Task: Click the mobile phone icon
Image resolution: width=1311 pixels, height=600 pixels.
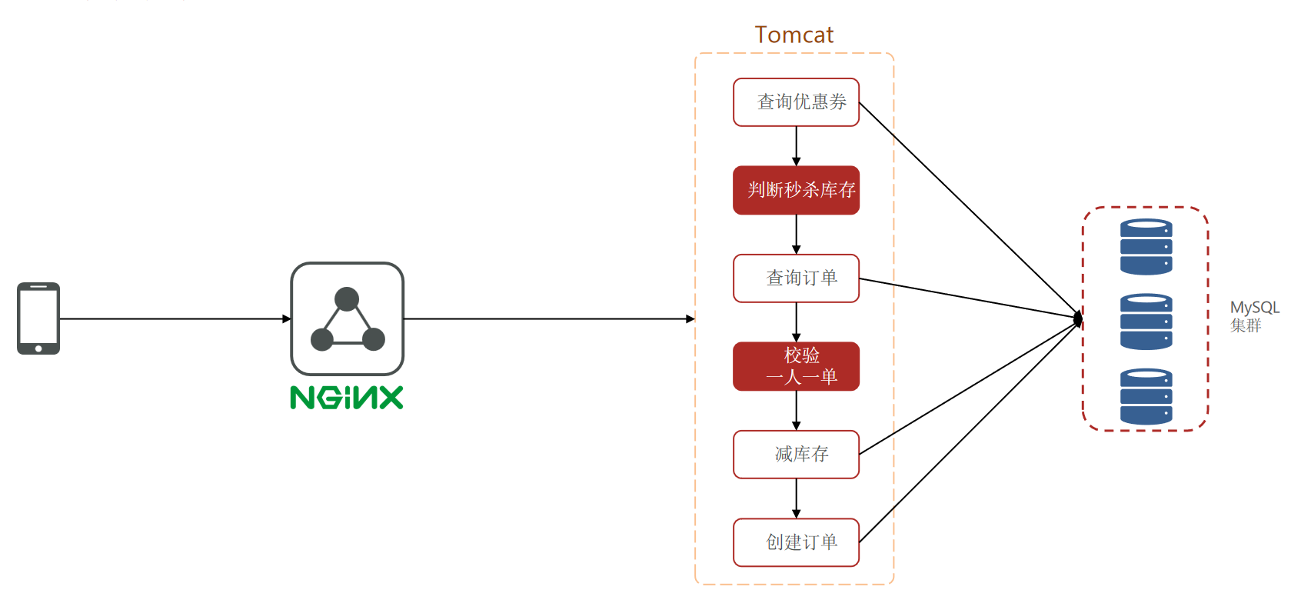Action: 38,318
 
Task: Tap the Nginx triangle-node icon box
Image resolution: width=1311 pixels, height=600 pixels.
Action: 347,318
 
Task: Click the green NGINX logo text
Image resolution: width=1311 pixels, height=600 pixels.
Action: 347,398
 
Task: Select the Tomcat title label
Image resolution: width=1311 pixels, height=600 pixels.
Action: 794,35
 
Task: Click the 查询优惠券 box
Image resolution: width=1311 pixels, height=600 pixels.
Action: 796,102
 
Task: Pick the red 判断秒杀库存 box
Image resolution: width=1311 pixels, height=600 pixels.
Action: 796,190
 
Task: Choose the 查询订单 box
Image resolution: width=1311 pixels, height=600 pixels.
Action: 796,278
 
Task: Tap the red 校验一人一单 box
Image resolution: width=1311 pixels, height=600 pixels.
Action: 796,366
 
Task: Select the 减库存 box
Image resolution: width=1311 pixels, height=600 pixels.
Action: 796,455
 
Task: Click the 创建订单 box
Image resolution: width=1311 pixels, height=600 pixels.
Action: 796,542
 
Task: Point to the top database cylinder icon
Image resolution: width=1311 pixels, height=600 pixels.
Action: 1146,247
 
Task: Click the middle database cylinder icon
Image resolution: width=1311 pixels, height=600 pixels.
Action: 1146,322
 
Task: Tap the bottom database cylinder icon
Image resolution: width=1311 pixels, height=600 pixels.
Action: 1146,396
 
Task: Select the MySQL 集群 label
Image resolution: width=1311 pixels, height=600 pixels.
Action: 1253,316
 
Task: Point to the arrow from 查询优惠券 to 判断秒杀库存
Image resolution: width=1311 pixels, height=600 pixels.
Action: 796,146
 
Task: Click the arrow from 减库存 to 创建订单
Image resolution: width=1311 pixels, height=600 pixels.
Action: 796,498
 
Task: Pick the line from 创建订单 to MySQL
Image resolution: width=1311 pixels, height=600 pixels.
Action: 969,432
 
